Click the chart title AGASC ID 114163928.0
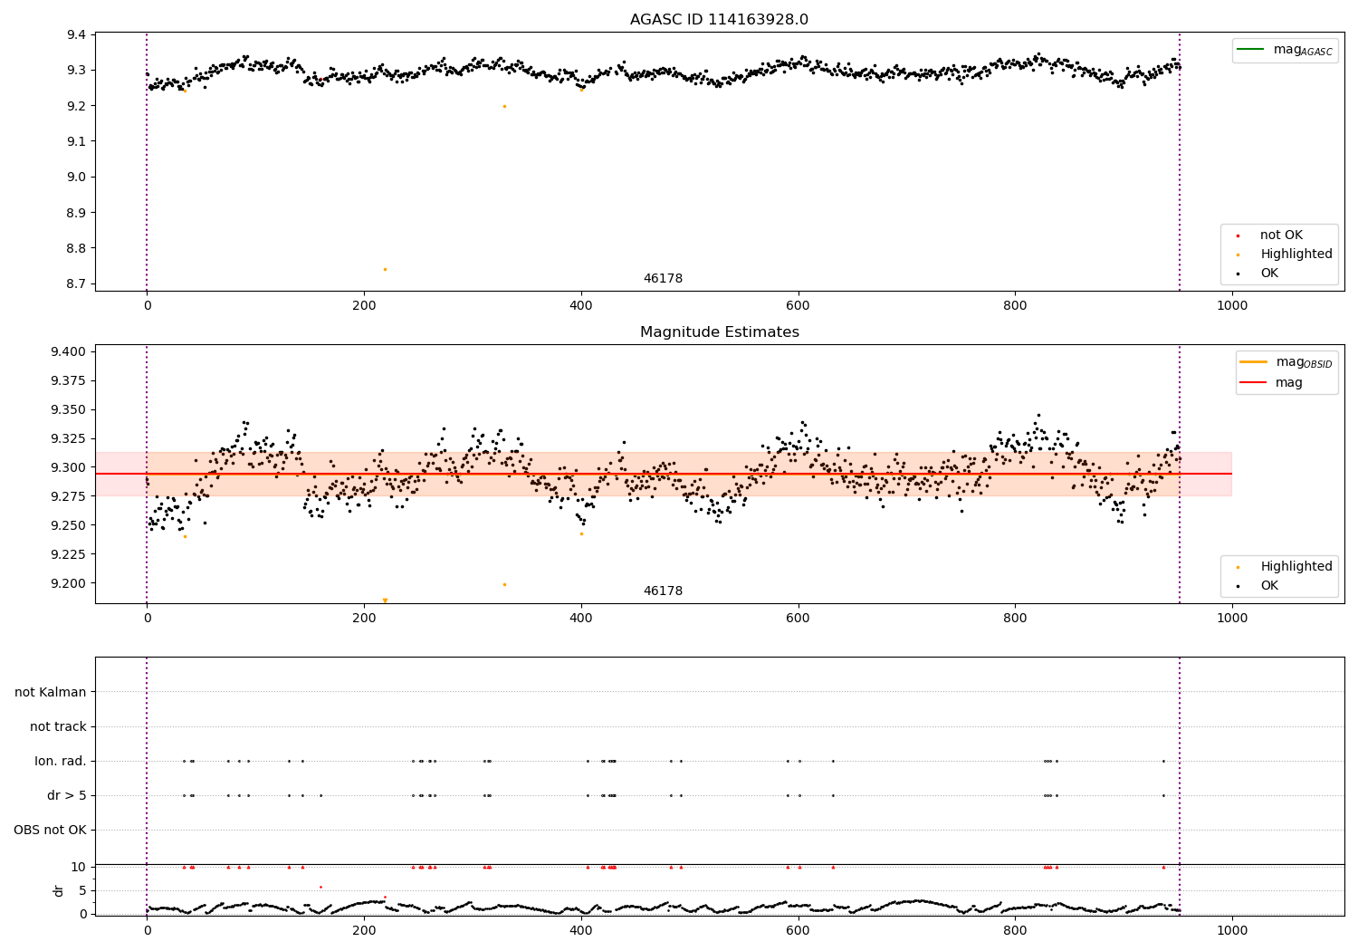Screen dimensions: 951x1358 719,20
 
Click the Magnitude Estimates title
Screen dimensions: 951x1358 719,332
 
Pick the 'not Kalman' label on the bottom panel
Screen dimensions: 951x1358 51,693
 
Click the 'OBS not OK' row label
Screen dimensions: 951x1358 51,831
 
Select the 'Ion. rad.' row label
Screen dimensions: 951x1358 61,762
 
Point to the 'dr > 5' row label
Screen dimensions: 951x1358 67,796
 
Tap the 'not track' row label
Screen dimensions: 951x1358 58,727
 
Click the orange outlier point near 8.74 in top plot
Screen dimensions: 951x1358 385,269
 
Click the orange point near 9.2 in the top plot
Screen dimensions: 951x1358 504,106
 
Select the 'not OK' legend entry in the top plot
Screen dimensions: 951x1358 1281,235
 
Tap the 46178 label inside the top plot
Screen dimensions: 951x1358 663,279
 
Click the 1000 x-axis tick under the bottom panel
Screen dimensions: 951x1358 1232,930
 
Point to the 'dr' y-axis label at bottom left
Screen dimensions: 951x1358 59,890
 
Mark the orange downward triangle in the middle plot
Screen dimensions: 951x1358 385,600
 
